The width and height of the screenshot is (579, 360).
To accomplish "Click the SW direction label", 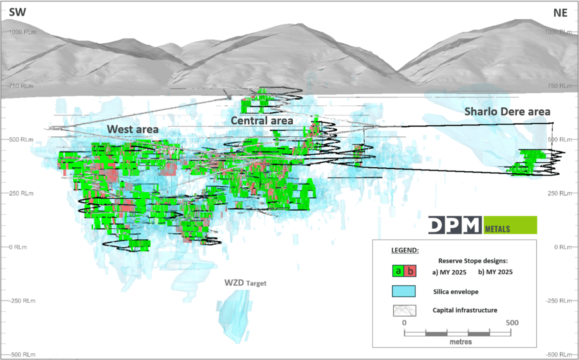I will point(17,12).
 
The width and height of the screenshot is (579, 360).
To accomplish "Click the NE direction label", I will point(560,13).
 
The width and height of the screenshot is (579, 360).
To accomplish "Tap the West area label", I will point(133,130).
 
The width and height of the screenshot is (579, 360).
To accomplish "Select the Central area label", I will point(262,121).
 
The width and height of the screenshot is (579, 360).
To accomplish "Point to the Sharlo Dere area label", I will point(507,112).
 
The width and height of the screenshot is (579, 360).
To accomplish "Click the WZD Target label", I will point(245,283).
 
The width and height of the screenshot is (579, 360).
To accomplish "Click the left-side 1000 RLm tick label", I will point(22,32).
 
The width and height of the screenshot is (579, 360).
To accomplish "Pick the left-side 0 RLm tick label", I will point(18,247).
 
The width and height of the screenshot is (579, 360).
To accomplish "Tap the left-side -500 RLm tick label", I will point(22,354).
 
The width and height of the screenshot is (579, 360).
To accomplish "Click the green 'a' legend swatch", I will point(398,271).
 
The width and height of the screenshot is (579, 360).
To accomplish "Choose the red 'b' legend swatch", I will point(410,271).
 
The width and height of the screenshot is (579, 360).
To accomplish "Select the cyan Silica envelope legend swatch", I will point(404,291).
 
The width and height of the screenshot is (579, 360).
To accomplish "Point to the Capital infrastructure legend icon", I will point(404,310).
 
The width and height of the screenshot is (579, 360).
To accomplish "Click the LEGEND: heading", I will point(405,250).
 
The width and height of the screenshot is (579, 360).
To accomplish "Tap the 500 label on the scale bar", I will point(512,323).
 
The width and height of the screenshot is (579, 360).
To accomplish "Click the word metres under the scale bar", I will point(460,342).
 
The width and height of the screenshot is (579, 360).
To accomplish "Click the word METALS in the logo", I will point(497,229).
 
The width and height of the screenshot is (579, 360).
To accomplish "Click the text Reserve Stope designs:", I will point(473,261).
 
